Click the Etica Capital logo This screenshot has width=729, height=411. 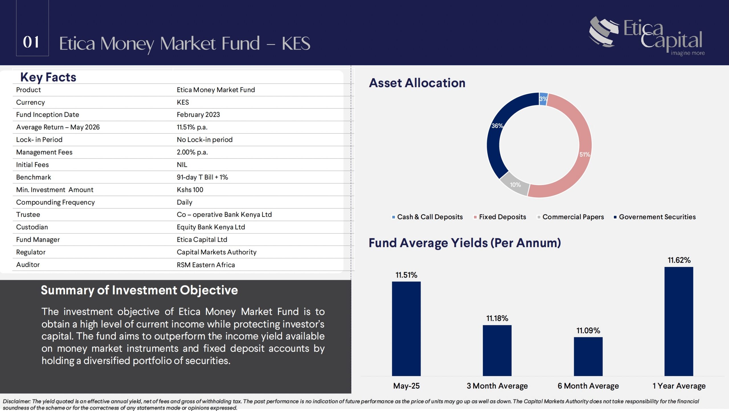(x=647, y=36)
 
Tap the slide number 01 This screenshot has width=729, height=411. (x=31, y=42)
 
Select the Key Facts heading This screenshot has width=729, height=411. (x=48, y=77)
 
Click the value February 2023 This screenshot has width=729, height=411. (x=198, y=115)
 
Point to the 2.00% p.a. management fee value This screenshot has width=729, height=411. (x=192, y=152)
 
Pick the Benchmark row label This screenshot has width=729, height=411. (x=34, y=177)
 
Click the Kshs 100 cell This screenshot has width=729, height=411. (x=190, y=190)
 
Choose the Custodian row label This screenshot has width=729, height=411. (x=32, y=227)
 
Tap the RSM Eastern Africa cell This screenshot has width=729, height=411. (x=206, y=265)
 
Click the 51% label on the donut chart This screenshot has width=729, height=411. (x=585, y=155)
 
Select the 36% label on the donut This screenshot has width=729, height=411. (x=497, y=126)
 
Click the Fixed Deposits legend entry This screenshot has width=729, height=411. (x=500, y=217)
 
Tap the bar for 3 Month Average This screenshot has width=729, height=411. (x=497, y=350)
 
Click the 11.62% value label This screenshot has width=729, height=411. (x=679, y=260)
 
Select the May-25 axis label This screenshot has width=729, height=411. (x=406, y=386)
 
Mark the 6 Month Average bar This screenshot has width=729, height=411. (x=588, y=356)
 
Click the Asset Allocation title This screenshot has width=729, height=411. (x=417, y=83)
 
